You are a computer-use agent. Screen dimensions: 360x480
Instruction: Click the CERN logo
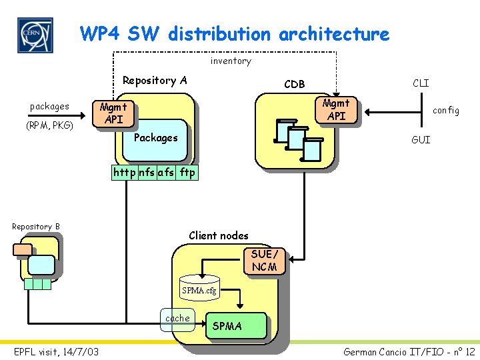(x=35, y=35)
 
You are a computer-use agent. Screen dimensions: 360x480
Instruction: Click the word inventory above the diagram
(x=231, y=61)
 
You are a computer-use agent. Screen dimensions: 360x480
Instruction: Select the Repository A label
(x=155, y=81)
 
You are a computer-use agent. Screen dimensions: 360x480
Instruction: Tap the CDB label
(x=294, y=84)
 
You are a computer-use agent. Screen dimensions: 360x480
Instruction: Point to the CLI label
(x=421, y=83)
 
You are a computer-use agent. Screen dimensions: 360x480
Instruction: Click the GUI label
(x=421, y=140)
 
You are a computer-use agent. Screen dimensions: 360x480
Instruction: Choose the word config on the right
(x=446, y=111)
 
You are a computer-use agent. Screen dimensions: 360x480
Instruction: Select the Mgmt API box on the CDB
(x=335, y=110)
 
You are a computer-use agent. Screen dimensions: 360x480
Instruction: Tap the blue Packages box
(x=156, y=138)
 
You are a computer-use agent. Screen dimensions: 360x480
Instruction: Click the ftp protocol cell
(x=187, y=172)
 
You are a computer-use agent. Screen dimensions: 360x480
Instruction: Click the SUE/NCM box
(x=266, y=261)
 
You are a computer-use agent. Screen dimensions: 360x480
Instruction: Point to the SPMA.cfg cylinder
(x=199, y=287)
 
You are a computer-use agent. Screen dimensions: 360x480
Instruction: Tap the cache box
(x=177, y=318)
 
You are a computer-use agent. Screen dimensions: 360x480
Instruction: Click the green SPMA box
(x=236, y=326)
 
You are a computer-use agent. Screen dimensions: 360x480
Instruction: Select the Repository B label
(x=36, y=227)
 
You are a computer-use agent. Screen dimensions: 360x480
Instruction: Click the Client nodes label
(x=219, y=235)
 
